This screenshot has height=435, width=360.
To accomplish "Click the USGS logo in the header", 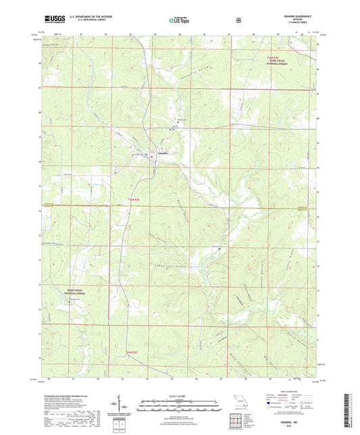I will (51, 20).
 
